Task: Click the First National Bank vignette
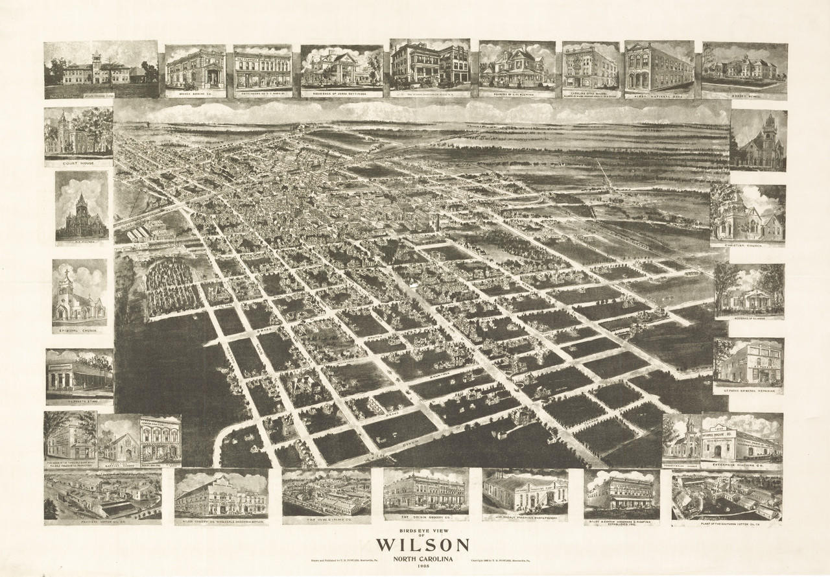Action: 659,67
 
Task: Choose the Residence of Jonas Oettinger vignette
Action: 341,68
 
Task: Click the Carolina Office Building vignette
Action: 590,67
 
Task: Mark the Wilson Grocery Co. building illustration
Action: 221,494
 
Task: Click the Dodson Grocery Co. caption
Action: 425,517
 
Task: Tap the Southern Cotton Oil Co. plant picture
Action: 726,497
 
